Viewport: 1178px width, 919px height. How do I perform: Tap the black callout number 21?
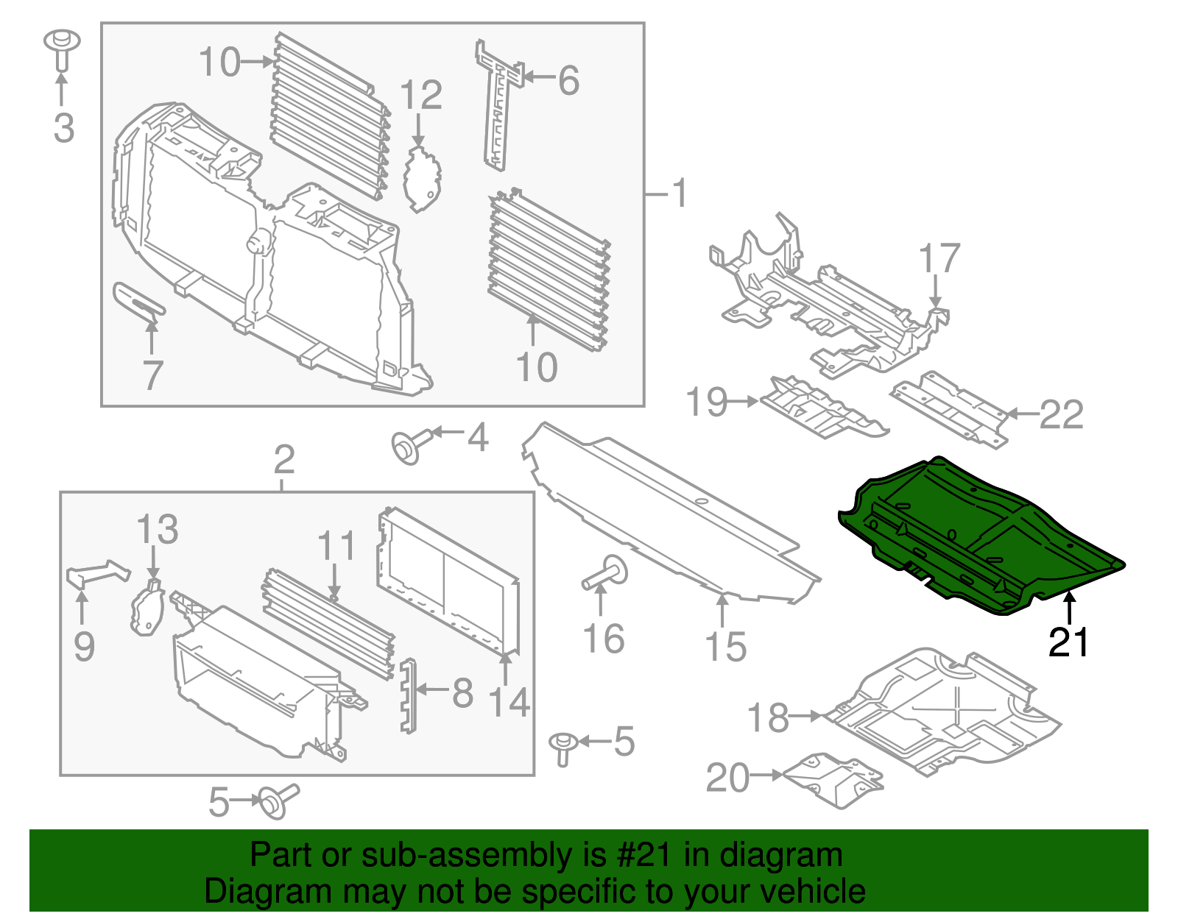pyautogui.click(x=1068, y=643)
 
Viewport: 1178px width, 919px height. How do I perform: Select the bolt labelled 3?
pyautogui.click(x=62, y=49)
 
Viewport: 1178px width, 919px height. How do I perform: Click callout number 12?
pyautogui.click(x=421, y=96)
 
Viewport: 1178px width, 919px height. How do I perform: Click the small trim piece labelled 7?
pyautogui.click(x=138, y=302)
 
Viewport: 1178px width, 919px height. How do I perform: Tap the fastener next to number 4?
pyautogui.click(x=407, y=447)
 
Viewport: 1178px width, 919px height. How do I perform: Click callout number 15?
pyautogui.click(x=725, y=647)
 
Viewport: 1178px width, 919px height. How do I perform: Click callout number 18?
pyautogui.click(x=768, y=717)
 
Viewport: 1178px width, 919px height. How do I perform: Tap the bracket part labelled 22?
pyautogui.click(x=950, y=408)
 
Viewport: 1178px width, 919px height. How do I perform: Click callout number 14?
pyautogui.click(x=509, y=702)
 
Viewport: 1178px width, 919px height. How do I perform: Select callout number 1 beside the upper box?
pyautogui.click(x=680, y=194)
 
